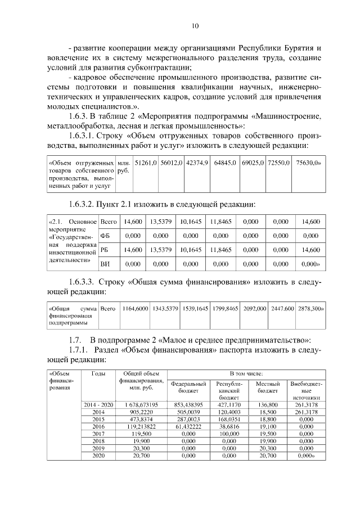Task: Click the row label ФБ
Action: pyautogui.click(x=105, y=236)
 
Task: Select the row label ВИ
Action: pyautogui.click(x=105, y=263)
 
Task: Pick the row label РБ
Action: pyautogui.click(x=104, y=250)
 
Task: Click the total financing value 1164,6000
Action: pyautogui.click(x=135, y=308)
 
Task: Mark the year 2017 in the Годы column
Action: pyautogui.click(x=98, y=434)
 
